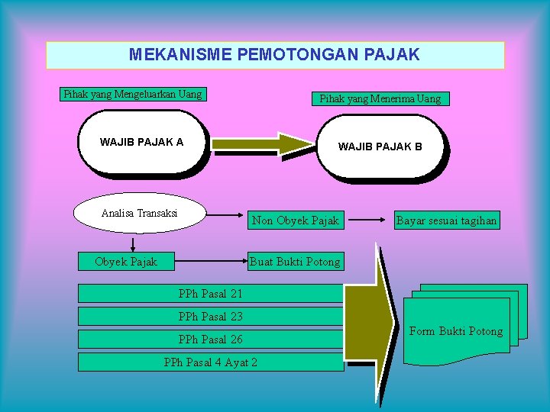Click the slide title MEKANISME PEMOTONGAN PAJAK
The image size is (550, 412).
[x=275, y=55]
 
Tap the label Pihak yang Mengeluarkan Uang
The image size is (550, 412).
[x=133, y=95]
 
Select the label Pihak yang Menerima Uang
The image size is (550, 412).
[x=380, y=98]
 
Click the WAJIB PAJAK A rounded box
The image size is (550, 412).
[x=142, y=142]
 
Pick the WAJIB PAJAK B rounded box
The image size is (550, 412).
[x=380, y=146]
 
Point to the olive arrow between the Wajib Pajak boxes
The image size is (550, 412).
[x=264, y=143]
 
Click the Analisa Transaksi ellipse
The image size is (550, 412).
[x=139, y=213]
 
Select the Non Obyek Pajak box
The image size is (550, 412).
[x=295, y=220]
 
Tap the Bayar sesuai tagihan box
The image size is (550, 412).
[x=446, y=220]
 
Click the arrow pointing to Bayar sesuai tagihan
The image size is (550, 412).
[x=368, y=220]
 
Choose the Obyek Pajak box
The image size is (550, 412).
[x=126, y=262]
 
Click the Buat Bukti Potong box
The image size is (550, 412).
[x=295, y=262]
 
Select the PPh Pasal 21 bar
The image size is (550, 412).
[x=211, y=294]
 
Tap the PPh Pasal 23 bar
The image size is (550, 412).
[x=211, y=316]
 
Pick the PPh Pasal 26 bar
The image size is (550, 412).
[x=211, y=339]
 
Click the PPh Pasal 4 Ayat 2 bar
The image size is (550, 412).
[x=211, y=362]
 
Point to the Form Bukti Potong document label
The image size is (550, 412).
[x=456, y=331]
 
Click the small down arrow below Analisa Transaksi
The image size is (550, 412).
[x=134, y=244]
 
